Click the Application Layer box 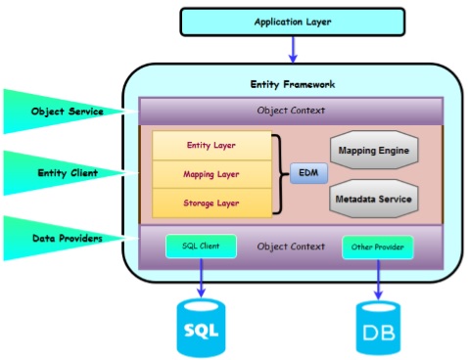[x=292, y=22]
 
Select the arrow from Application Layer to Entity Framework [x=292, y=49]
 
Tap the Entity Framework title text [x=292, y=85]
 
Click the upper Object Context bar [x=291, y=111]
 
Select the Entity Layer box [x=211, y=145]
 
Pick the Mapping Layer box [x=211, y=174]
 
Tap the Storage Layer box [x=211, y=202]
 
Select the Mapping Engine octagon [x=373, y=152]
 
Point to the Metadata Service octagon [x=373, y=200]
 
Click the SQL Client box [x=201, y=246]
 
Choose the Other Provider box [x=377, y=247]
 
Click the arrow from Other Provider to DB [x=378, y=278]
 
